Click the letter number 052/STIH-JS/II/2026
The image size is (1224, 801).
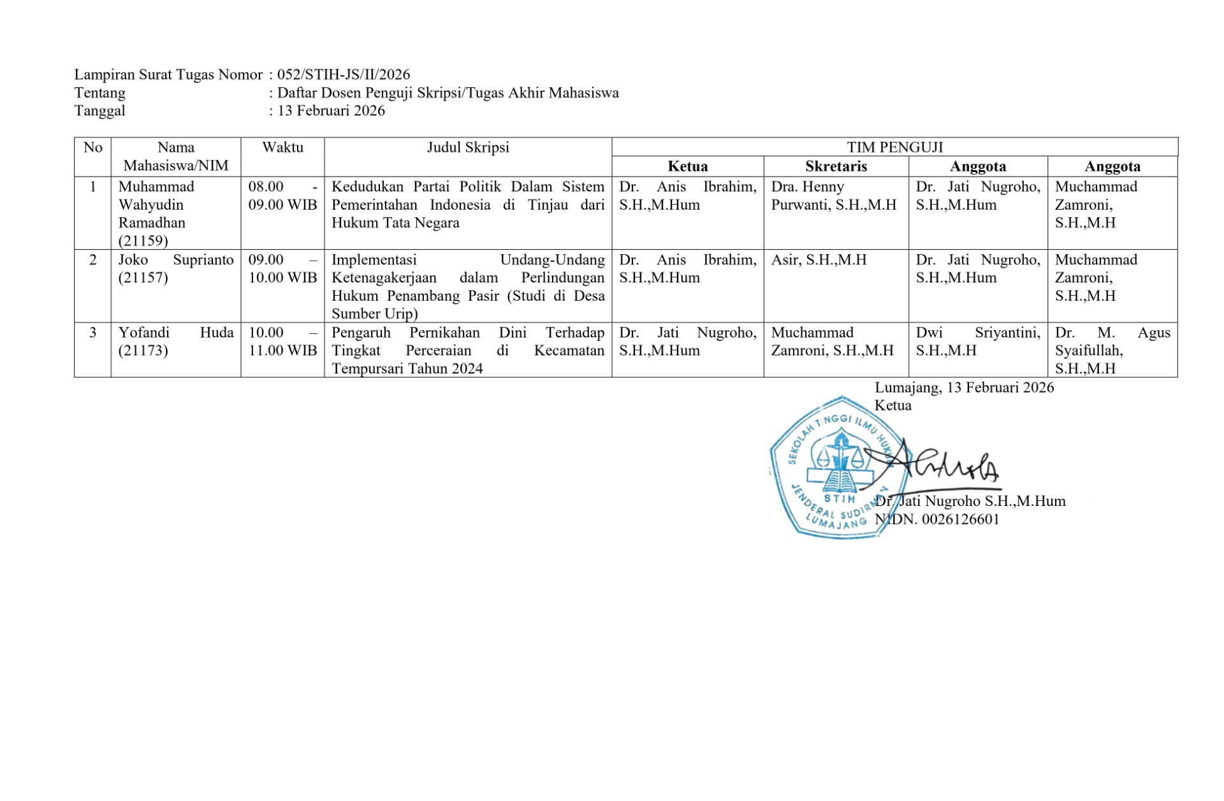[x=344, y=75]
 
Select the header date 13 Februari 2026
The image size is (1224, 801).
[x=331, y=110]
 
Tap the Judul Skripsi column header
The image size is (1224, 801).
[x=468, y=147]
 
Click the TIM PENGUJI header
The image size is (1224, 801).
[x=894, y=147]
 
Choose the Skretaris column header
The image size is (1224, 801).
[x=836, y=166]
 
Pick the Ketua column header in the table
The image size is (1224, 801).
[x=687, y=166]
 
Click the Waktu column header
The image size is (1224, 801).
[x=282, y=147]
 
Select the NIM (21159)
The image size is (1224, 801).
[x=143, y=241]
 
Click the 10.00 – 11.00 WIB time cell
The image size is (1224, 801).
[x=282, y=342]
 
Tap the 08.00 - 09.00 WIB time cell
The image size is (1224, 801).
[x=282, y=196]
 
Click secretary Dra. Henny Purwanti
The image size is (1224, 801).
[x=833, y=196]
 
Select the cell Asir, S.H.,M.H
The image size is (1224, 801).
[x=819, y=260]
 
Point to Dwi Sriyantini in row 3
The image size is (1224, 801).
[x=977, y=333]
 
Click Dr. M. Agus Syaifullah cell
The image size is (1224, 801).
[x=1112, y=342]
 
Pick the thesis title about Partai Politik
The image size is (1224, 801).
[x=468, y=205]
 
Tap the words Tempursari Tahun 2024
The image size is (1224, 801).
[x=407, y=369]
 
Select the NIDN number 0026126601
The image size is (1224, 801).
[x=960, y=519]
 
